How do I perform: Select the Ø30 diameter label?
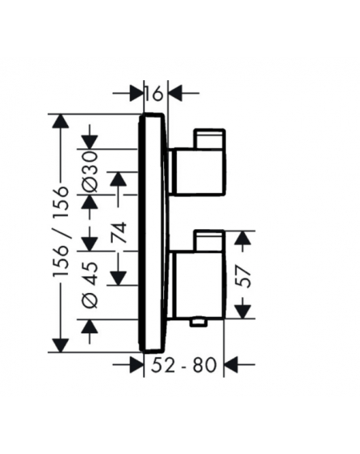pos(89,172)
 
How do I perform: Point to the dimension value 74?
pos(119,232)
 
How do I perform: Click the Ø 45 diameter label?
pos(90,284)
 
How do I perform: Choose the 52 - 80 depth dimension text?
pos(184,364)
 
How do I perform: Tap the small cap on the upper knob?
pos(210,139)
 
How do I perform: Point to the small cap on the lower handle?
pos(209,240)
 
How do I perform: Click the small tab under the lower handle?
pos(199,322)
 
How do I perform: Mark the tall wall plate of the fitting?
pos(153,232)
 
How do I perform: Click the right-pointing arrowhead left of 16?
pos(137,93)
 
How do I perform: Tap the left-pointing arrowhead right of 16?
pos(176,93)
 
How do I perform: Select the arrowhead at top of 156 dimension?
pos(61,121)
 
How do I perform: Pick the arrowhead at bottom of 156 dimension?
pos(61,345)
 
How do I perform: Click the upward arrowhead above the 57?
pos(242,238)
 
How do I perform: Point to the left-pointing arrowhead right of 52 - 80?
pos(231,364)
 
